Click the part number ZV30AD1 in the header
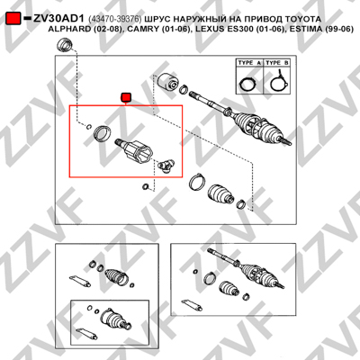pyautogui.click(x=59, y=19)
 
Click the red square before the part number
pyautogui.click(x=13, y=18)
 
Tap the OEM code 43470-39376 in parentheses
pyautogui.click(x=115, y=19)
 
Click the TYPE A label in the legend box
pyautogui.click(x=249, y=63)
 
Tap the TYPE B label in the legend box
pyautogui.click(x=277, y=63)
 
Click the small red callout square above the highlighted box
pyautogui.click(x=126, y=97)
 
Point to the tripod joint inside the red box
pyautogui.click(x=166, y=166)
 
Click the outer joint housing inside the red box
pyautogui.click(x=135, y=151)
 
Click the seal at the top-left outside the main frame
pyautogui.click(x=65, y=45)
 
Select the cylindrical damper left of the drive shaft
pyautogui.click(x=168, y=81)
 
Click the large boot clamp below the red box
pyautogui.click(x=197, y=181)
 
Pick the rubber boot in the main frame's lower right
pyautogui.click(x=220, y=195)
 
